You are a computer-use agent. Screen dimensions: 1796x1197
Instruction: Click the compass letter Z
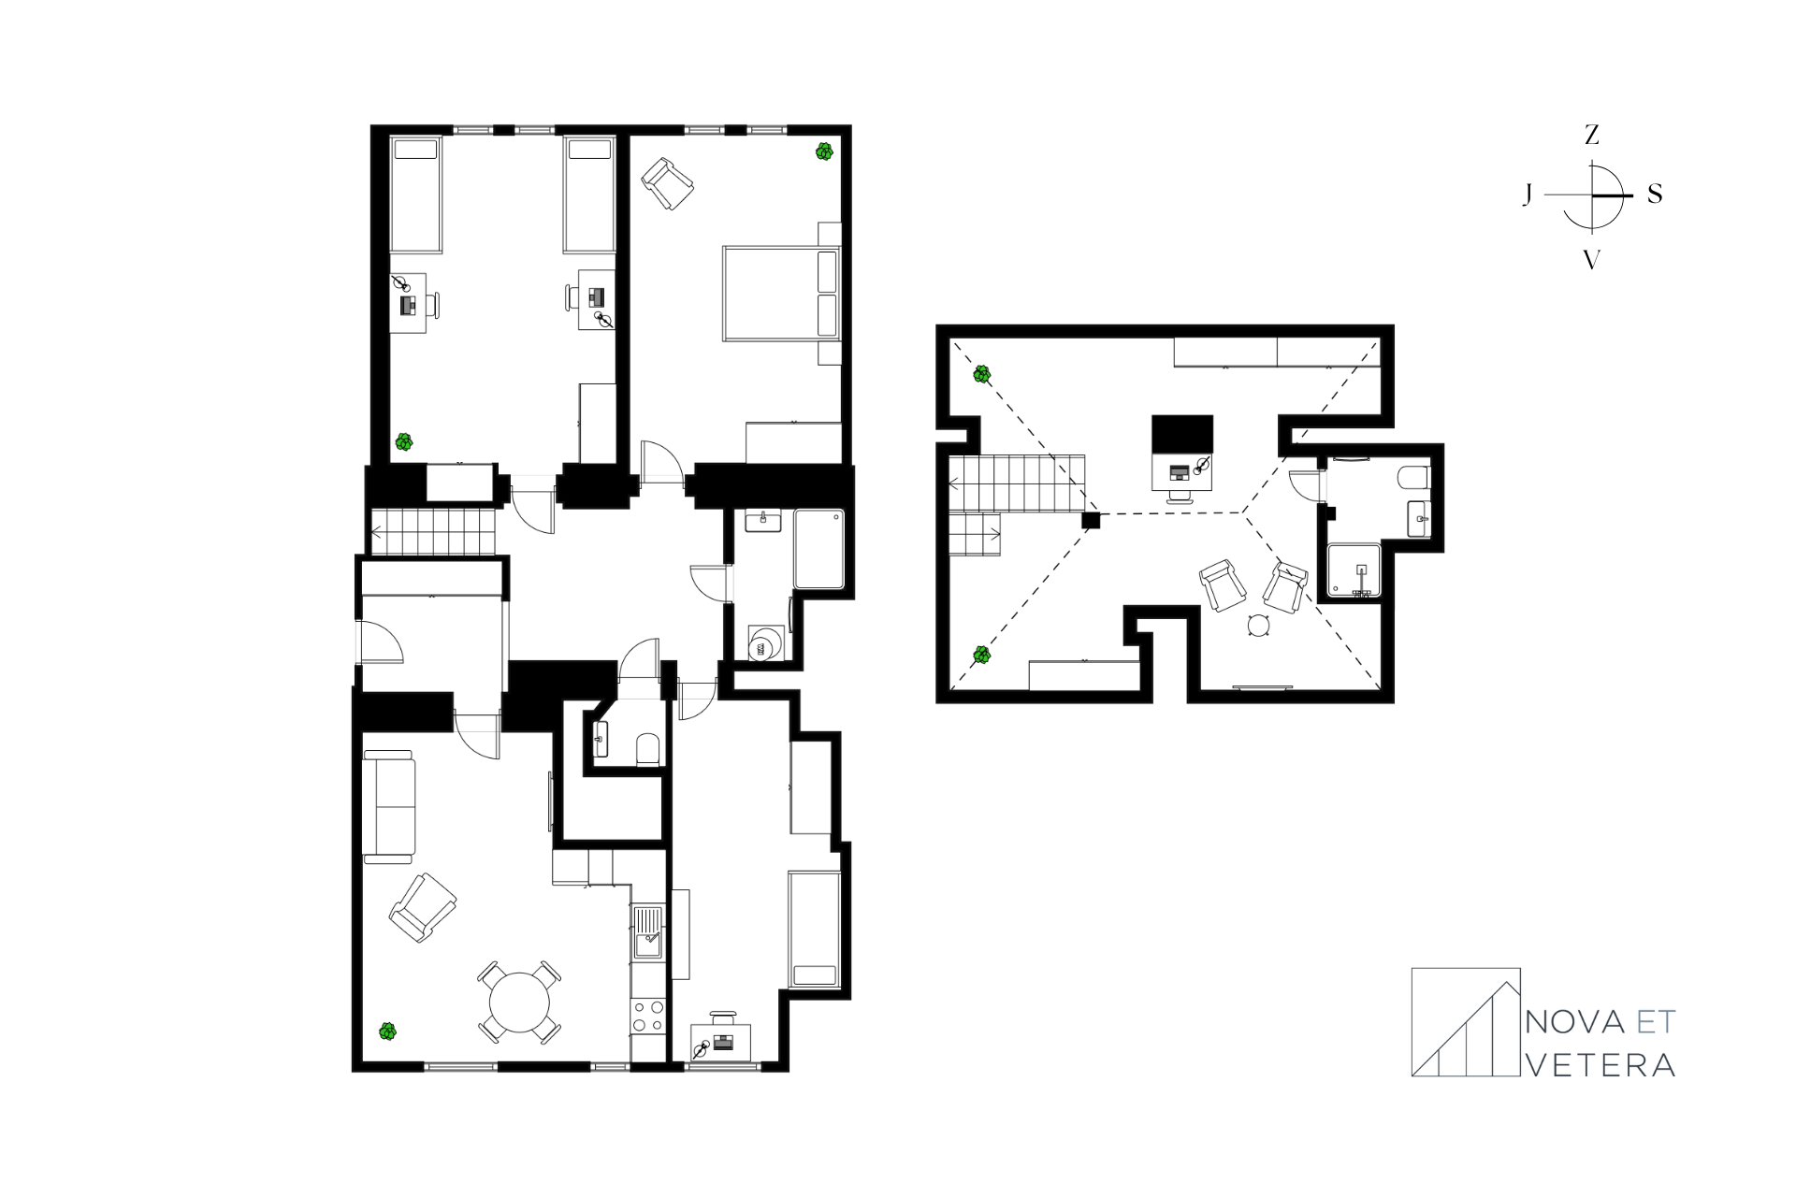[1591, 136]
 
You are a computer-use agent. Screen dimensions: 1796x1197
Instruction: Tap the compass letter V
[1591, 260]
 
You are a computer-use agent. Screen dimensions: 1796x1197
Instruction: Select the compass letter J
[1528, 195]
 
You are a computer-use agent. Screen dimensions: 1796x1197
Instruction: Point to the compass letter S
[1655, 195]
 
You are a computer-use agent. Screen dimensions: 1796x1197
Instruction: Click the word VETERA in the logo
[1600, 1065]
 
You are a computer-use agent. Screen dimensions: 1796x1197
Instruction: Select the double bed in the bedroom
[782, 293]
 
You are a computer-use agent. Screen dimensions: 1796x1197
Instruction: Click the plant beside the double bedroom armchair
[824, 151]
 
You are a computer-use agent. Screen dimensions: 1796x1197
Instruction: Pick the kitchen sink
[647, 932]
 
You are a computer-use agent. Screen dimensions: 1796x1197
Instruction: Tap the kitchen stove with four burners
[647, 1017]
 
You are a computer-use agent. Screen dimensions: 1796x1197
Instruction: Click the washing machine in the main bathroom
[764, 644]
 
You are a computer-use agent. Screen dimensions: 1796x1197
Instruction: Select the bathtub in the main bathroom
[819, 549]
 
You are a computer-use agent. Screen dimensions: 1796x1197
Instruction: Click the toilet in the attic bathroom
[1413, 479]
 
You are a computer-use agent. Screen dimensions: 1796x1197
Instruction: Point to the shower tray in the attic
[1354, 570]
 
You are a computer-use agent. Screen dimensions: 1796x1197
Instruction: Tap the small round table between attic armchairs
[1258, 627]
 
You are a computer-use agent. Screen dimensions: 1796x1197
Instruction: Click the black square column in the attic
[1091, 520]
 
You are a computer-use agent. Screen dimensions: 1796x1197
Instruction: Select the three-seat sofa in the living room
[388, 806]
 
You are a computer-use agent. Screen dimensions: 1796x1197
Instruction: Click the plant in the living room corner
[387, 1031]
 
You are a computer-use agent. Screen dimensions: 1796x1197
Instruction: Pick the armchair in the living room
[423, 906]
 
